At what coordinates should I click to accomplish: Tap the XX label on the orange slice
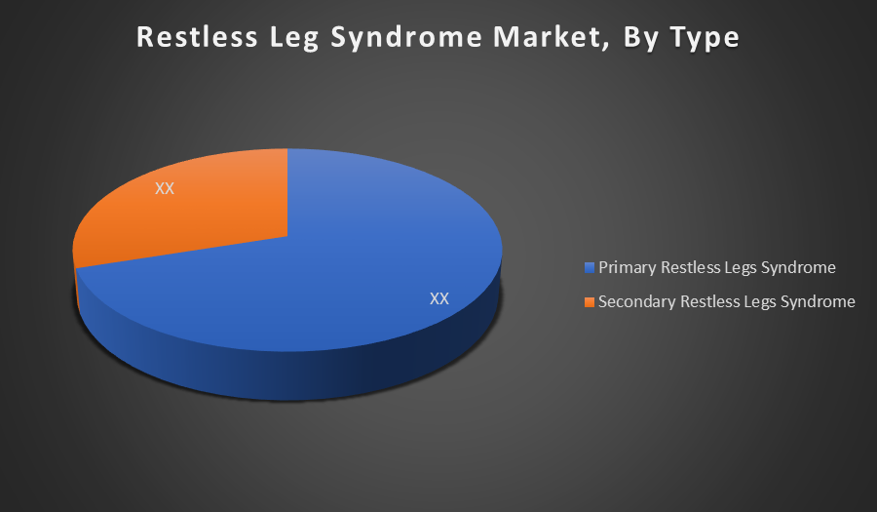click(165, 188)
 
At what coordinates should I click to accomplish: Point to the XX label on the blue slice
click(439, 298)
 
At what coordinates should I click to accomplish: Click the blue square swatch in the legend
click(589, 267)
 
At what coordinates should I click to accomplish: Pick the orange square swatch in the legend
click(589, 302)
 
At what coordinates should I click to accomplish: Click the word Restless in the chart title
click(198, 37)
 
